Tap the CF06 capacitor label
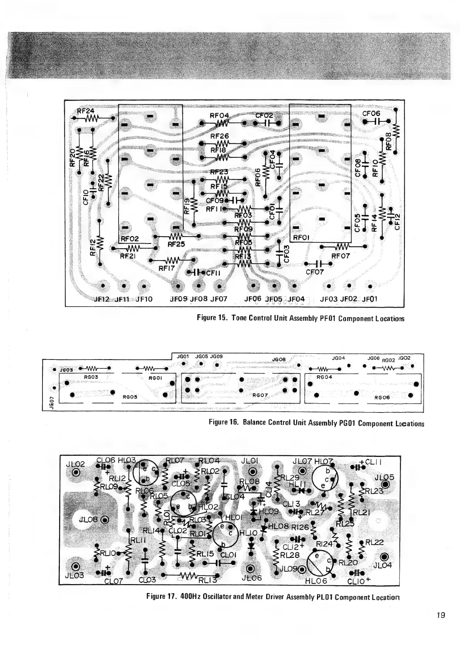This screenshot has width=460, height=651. point(371,113)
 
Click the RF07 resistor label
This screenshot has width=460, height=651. point(341,255)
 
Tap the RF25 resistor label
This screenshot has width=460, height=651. point(176,244)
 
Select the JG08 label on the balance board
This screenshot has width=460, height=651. point(278,360)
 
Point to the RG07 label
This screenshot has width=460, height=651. point(260,395)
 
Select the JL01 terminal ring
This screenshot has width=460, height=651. point(252,472)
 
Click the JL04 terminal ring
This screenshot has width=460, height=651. point(384,557)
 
